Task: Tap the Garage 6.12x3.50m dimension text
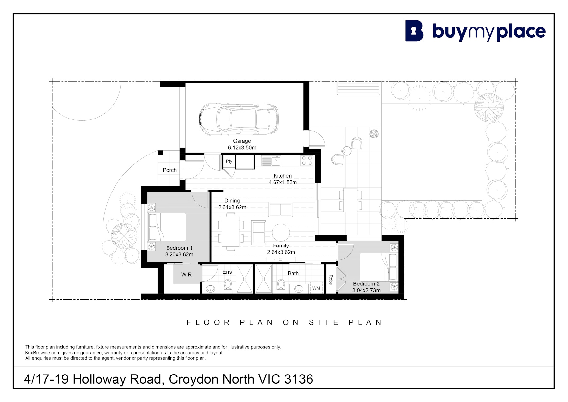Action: coord(242,147)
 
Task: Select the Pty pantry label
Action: coord(229,161)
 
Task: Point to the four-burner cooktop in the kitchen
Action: coord(307,160)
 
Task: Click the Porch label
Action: coord(169,170)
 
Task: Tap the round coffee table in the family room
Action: coord(281,233)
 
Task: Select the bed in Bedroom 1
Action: coord(167,227)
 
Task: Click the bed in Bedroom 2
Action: coord(379,267)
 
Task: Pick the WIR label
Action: coord(186,274)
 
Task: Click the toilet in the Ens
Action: coord(228,285)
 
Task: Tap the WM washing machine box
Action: coord(316,288)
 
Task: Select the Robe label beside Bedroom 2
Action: coord(331,280)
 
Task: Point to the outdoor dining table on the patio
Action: coord(350,200)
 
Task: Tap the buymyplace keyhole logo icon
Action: coord(414,31)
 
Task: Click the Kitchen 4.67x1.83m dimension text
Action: coord(283,182)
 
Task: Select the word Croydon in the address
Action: coord(194,379)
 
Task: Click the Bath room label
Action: coord(293,273)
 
